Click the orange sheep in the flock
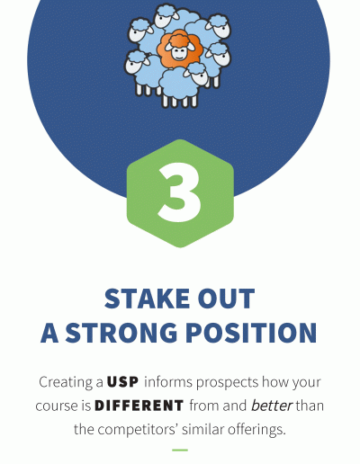(x=179, y=49)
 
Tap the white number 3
(x=179, y=192)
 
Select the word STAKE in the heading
(x=147, y=299)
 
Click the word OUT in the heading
(x=226, y=299)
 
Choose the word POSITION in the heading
(x=251, y=333)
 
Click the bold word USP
(x=122, y=382)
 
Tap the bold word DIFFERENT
(x=139, y=406)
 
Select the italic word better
(x=272, y=406)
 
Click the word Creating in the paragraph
(x=67, y=382)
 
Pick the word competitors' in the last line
(x=139, y=430)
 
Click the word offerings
(x=256, y=430)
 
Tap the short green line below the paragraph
(x=180, y=450)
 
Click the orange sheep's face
(x=180, y=51)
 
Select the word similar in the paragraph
(x=203, y=429)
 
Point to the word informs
(x=168, y=382)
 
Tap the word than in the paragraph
(x=310, y=406)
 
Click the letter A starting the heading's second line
(x=49, y=333)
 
